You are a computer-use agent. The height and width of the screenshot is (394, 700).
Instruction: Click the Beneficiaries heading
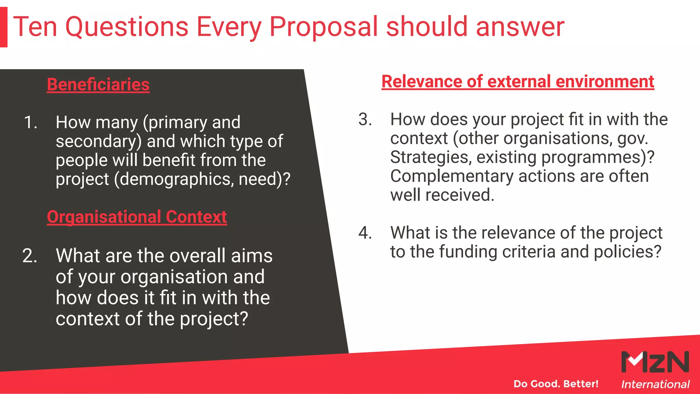pyautogui.click(x=98, y=84)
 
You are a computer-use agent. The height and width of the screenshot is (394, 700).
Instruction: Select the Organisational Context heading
pyautogui.click(x=137, y=217)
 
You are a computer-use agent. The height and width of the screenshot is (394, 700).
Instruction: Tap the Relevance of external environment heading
pyautogui.click(x=517, y=82)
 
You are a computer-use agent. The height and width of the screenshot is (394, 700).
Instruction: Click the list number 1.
pyautogui.click(x=30, y=122)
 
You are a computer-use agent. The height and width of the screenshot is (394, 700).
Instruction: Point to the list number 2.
pyautogui.click(x=30, y=255)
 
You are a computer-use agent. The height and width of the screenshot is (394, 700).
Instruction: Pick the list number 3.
pyautogui.click(x=365, y=119)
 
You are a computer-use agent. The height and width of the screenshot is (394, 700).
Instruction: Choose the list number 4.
pyautogui.click(x=365, y=233)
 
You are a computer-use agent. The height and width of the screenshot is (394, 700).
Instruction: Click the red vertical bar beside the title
pyautogui.click(x=3, y=27)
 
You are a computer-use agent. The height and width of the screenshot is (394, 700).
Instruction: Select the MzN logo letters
pyautogui.click(x=655, y=362)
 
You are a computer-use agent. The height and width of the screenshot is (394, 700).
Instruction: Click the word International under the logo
pyautogui.click(x=655, y=384)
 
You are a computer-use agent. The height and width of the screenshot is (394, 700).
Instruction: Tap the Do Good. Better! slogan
pyautogui.click(x=556, y=384)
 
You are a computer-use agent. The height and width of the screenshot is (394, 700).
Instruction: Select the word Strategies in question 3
pyautogui.click(x=431, y=157)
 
